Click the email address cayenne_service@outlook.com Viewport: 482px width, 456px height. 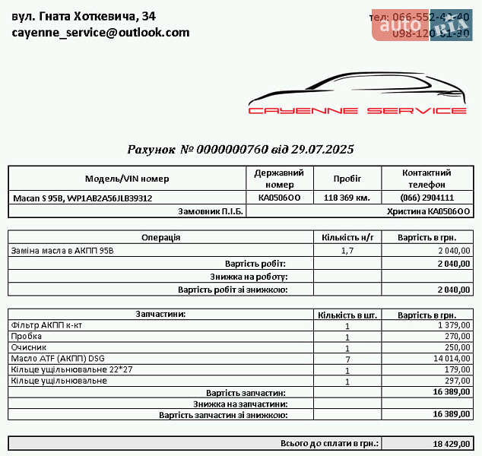(x=100, y=32)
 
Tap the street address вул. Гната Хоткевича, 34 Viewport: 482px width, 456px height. (x=84, y=15)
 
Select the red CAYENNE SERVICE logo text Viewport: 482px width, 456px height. (x=357, y=110)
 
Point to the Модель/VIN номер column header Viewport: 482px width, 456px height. (x=127, y=179)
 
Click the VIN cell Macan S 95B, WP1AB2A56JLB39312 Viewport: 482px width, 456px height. (x=83, y=198)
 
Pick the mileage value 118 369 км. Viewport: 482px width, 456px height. (x=347, y=198)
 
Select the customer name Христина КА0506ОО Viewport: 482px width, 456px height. (x=430, y=211)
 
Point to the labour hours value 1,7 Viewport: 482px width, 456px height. (x=347, y=250)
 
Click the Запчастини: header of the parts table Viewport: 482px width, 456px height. (x=160, y=313)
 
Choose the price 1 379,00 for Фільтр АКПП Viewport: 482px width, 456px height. (x=454, y=325)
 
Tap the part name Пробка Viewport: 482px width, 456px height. (x=27, y=336)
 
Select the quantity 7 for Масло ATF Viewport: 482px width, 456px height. (x=347, y=359)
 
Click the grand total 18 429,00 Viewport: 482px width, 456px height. (x=452, y=443)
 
